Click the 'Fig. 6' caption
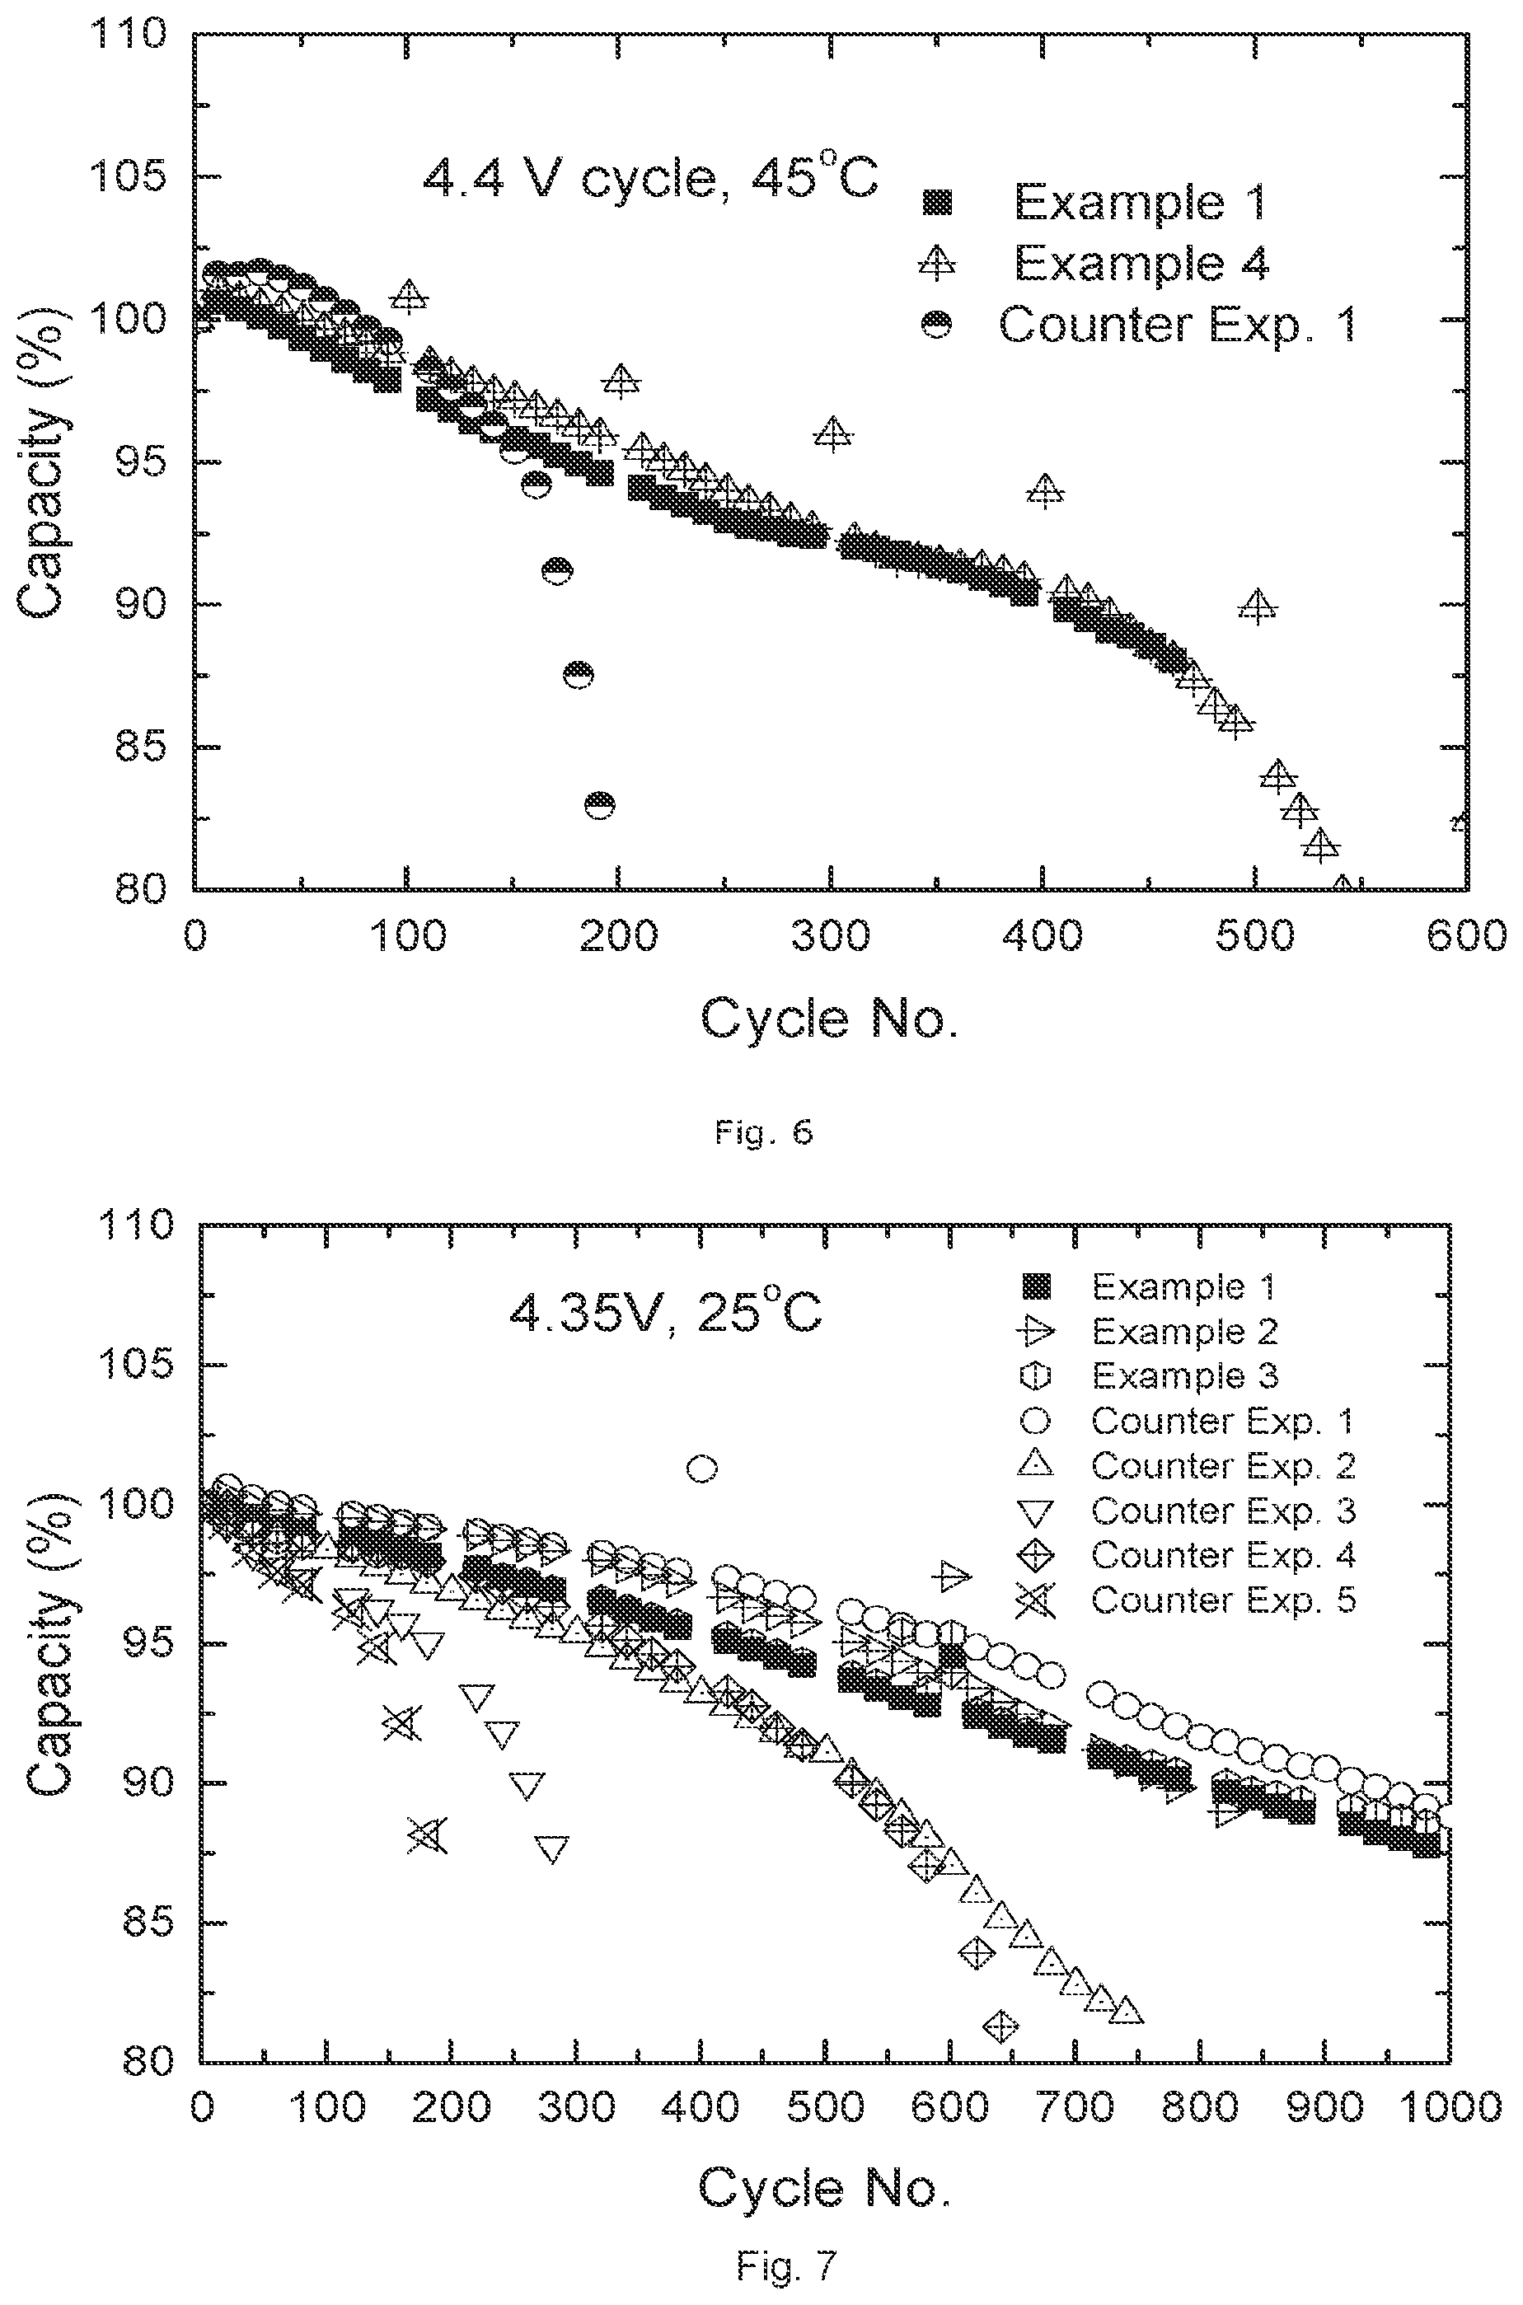(762, 1131)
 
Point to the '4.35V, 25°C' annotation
(665, 1314)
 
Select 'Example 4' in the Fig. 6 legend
(1142, 262)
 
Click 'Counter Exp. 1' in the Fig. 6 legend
(1176, 325)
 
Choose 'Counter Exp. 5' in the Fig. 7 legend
(1223, 1600)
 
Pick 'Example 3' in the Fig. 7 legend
(1185, 1375)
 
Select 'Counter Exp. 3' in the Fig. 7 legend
(1223, 1511)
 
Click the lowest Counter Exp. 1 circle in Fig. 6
(599, 805)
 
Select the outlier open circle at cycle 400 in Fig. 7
(702, 1469)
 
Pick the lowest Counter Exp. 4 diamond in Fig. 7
(1000, 2026)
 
